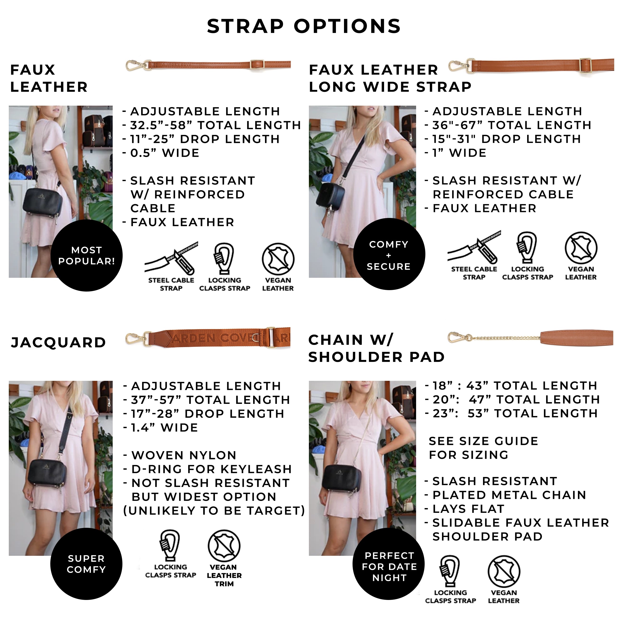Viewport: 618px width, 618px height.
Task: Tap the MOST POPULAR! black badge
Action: [x=86, y=255]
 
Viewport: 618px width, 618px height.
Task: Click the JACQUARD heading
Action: [x=58, y=342]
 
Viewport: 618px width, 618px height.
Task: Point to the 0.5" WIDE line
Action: [x=164, y=153]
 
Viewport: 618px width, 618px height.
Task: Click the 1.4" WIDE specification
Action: [x=164, y=428]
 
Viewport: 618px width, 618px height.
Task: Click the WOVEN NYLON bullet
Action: [x=184, y=455]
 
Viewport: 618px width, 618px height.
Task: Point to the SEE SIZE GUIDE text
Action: [x=483, y=441]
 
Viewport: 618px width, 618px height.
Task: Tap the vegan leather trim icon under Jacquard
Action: [x=224, y=546]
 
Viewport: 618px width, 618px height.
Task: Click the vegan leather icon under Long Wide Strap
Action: [x=581, y=248]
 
